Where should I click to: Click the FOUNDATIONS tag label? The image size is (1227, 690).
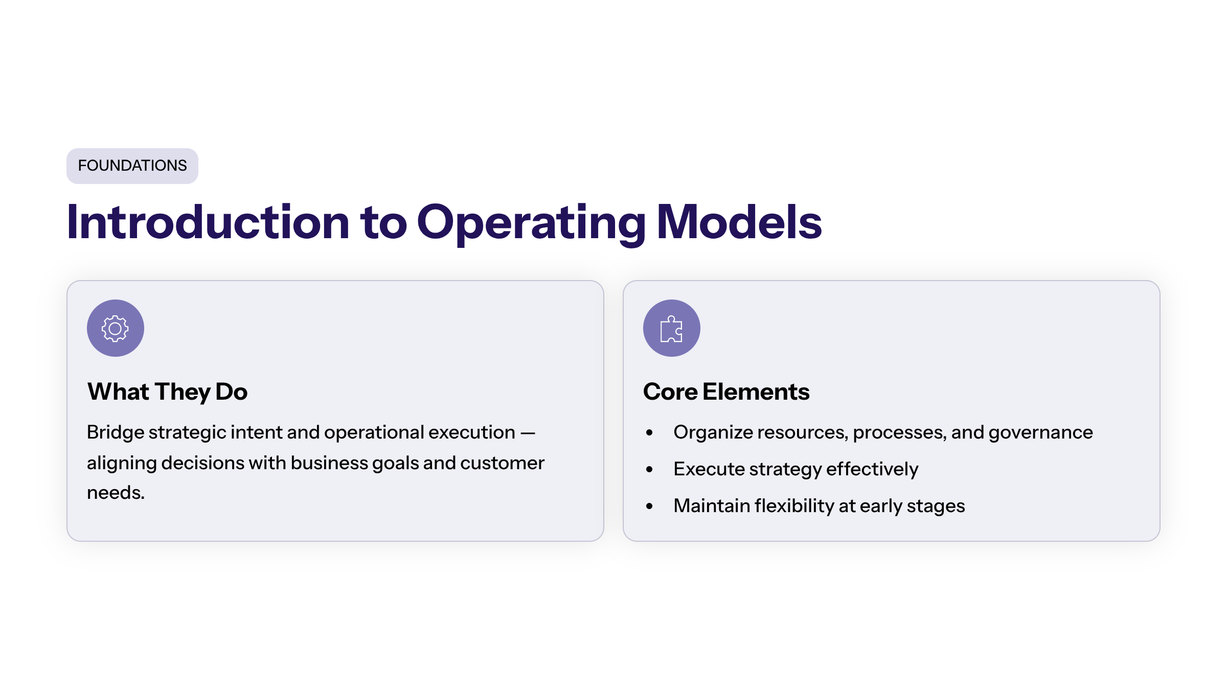[x=132, y=166]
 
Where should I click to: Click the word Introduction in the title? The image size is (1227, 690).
[x=208, y=222]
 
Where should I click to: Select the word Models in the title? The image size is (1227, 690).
[x=739, y=222]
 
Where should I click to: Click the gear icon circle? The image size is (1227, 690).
[x=116, y=328]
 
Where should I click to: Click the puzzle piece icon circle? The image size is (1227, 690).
[x=672, y=328]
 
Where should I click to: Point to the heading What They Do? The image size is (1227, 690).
[x=168, y=392]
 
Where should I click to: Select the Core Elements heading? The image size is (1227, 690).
[x=726, y=392]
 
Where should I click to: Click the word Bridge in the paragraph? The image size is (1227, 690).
[x=116, y=433]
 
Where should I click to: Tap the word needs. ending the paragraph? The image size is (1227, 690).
[x=116, y=493]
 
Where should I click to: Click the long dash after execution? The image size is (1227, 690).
[x=528, y=433]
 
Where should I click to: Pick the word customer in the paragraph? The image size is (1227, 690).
[x=503, y=463]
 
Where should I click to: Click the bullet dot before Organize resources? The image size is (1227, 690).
[x=649, y=433]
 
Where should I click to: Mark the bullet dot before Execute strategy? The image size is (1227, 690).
[x=649, y=470]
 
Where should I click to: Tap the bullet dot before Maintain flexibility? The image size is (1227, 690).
[x=649, y=507]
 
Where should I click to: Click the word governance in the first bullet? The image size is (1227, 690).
[x=1041, y=433]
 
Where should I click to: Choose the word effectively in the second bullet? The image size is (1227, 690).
[x=872, y=469]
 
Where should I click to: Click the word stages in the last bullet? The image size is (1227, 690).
[x=936, y=507]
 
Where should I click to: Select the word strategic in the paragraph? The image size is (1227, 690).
[x=188, y=433]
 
